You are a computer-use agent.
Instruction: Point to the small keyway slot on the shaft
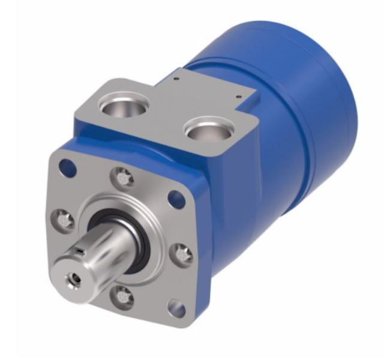pyautogui.click(x=82, y=248)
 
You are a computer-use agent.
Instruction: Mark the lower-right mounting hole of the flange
pyautogui.click(x=176, y=308)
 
